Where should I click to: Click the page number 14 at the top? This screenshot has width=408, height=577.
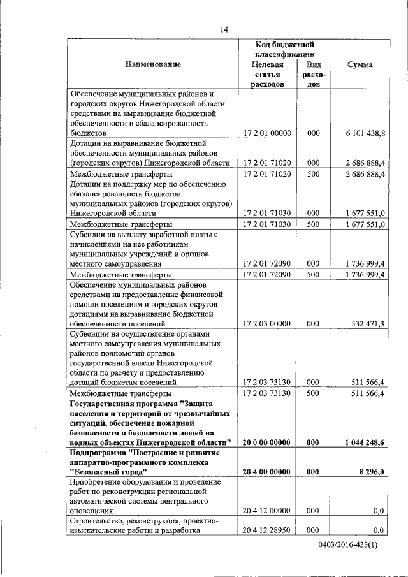click(x=224, y=29)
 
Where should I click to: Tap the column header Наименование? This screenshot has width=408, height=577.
click(x=153, y=64)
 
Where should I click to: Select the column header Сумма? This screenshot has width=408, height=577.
click(x=360, y=64)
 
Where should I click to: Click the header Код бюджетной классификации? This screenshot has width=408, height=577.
click(x=282, y=50)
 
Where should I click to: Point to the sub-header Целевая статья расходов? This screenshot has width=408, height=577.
click(x=267, y=75)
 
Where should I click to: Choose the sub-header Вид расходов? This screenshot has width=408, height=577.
click(x=313, y=75)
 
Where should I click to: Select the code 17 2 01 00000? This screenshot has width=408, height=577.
click(x=267, y=133)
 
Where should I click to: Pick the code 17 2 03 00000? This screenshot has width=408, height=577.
click(x=267, y=324)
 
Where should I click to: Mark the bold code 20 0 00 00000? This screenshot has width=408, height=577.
click(x=267, y=442)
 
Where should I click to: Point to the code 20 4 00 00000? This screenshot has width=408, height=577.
click(x=267, y=472)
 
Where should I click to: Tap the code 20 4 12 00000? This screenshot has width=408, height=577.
click(x=267, y=511)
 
